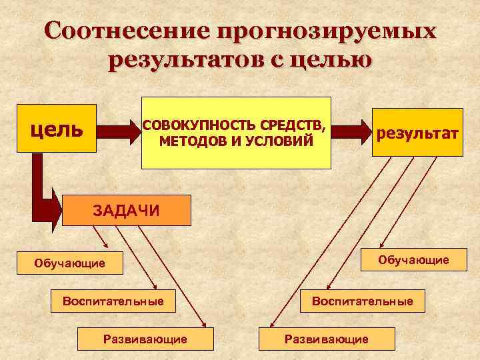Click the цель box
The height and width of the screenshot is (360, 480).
[57, 128]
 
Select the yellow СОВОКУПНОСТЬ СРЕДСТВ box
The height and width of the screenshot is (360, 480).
[236, 133]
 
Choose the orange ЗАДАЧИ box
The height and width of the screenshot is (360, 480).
[126, 211]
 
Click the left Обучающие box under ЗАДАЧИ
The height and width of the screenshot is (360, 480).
[70, 263]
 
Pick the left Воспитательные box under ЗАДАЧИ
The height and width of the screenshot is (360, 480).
[113, 301]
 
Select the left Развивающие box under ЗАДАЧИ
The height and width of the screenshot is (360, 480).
[145, 339]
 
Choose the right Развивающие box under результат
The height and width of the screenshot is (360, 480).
[327, 339]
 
